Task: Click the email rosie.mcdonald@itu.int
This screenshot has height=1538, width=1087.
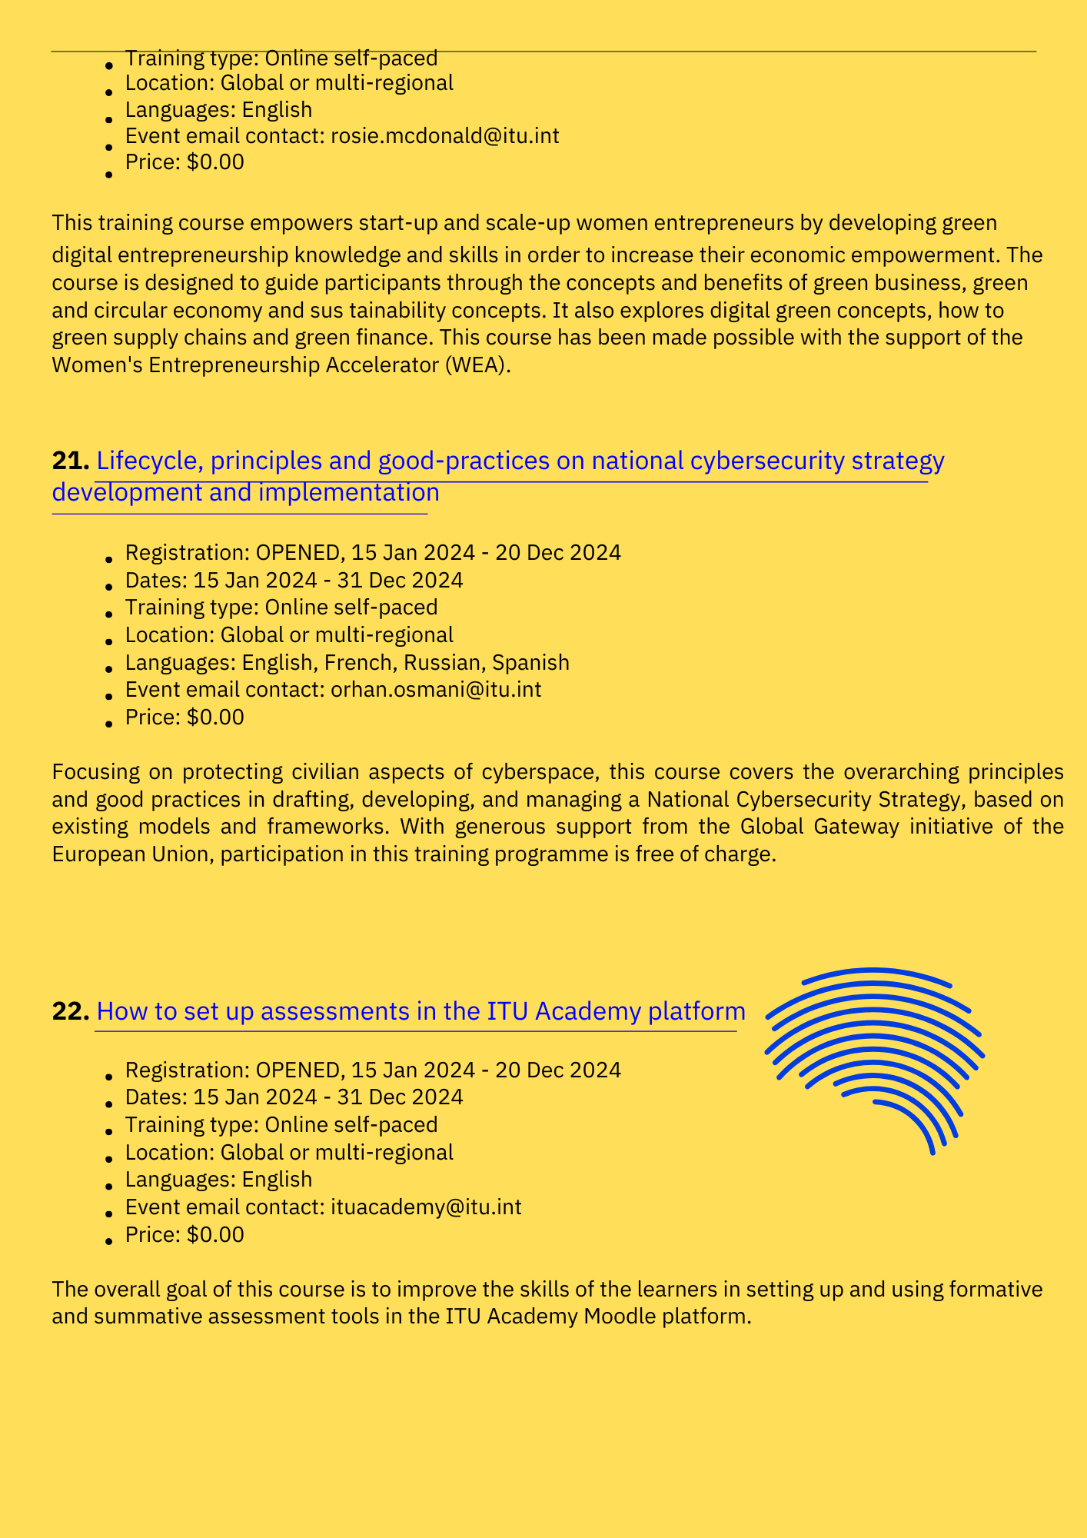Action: click(444, 136)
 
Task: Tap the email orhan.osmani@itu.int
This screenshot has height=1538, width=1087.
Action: click(436, 689)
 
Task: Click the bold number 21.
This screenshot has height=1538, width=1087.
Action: click(71, 461)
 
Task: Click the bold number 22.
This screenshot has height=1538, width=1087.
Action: click(71, 1011)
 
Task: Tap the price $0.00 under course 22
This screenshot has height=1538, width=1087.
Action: click(215, 1234)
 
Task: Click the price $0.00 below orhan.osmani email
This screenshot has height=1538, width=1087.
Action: click(215, 717)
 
